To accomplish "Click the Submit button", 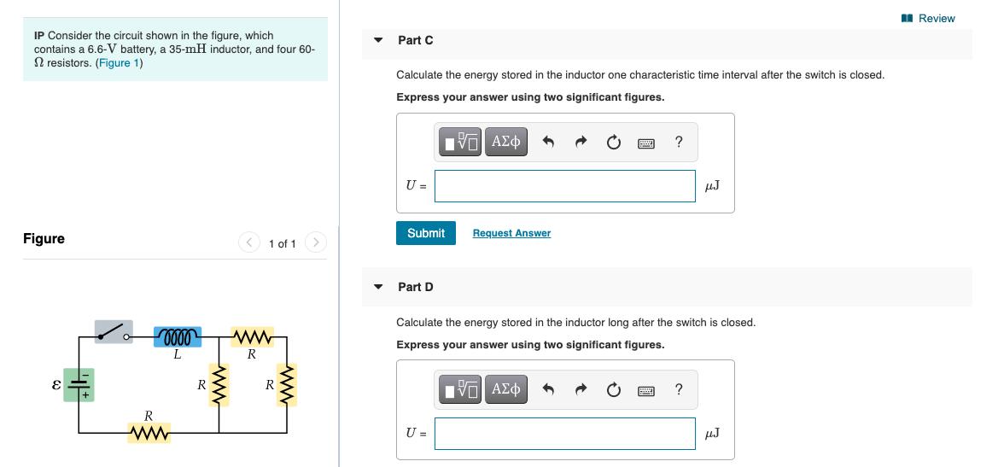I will click(x=425, y=233).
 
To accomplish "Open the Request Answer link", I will click(x=511, y=233).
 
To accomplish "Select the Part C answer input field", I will click(x=564, y=186).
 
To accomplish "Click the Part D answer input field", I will click(x=564, y=434).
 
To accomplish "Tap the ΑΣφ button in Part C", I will click(x=506, y=142).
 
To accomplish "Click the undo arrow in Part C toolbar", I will click(x=551, y=143).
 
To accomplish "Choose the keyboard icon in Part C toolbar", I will click(x=645, y=143).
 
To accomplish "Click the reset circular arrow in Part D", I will click(x=613, y=390).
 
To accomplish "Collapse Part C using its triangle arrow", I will click(x=378, y=40).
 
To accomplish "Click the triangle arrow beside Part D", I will click(x=378, y=287).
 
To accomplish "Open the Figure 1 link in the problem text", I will click(x=119, y=63).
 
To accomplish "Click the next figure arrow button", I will click(x=315, y=243).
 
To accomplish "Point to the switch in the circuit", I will click(x=114, y=331).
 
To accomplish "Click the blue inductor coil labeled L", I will click(x=178, y=336).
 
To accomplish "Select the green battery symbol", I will click(x=79, y=384).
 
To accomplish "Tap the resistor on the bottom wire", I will click(x=149, y=435).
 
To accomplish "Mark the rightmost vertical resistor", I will click(x=288, y=385).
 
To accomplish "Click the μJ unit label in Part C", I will click(x=712, y=186).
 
